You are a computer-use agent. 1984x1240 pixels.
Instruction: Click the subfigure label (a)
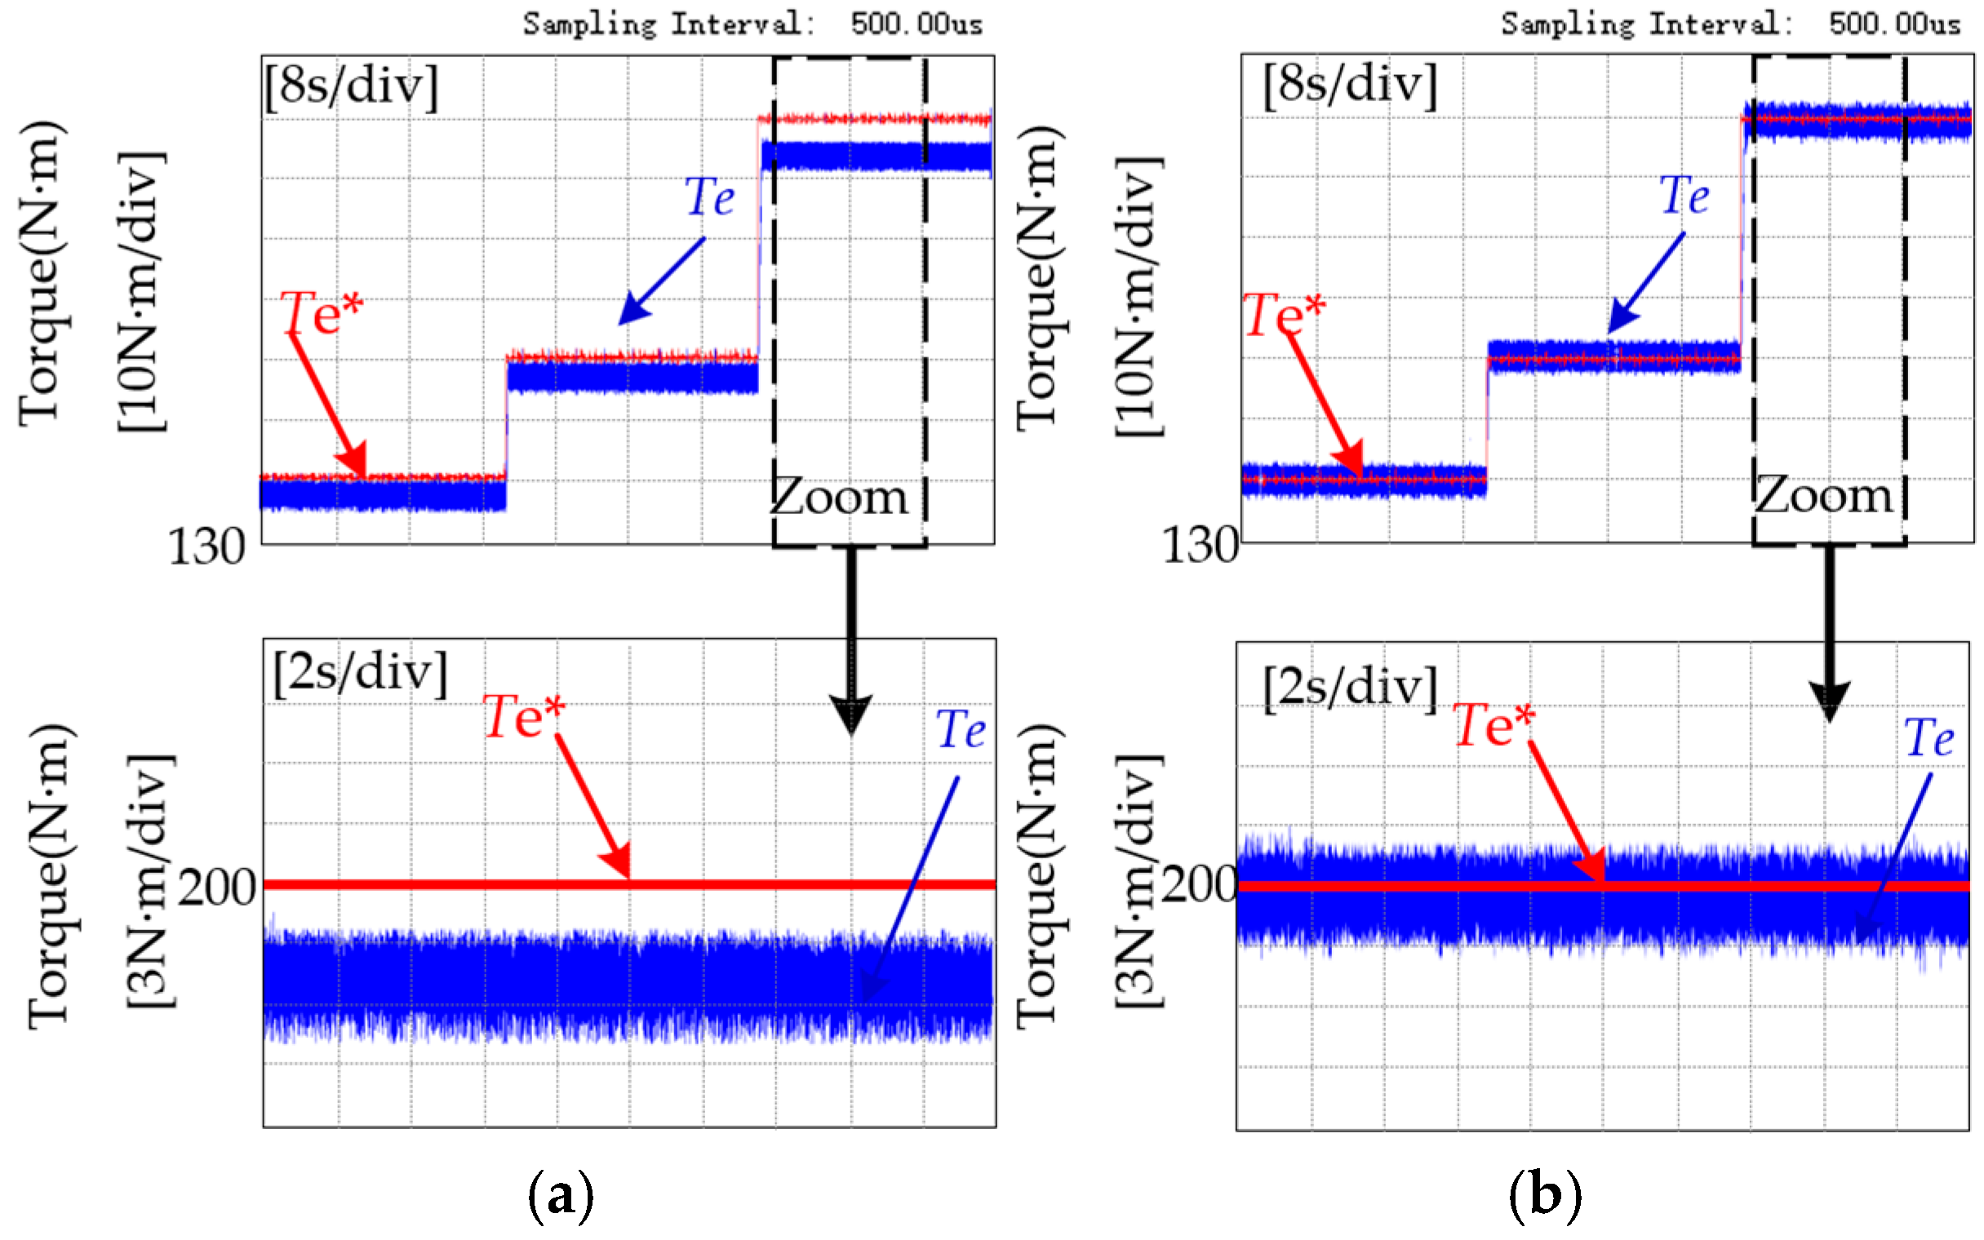tap(561, 1196)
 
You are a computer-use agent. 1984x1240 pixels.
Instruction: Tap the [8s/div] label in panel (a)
tap(352, 86)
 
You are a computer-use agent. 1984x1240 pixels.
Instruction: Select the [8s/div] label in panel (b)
tap(1349, 85)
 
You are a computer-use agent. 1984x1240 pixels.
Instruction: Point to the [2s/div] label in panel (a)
tap(361, 673)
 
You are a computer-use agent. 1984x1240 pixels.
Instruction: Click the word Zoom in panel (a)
tap(840, 498)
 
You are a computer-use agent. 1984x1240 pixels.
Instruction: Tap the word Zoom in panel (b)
tap(1823, 496)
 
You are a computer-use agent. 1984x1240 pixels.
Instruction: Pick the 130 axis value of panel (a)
tap(206, 547)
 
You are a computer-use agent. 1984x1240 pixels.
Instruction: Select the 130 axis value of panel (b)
tap(1200, 546)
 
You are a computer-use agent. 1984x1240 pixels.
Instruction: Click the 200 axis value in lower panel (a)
tap(217, 888)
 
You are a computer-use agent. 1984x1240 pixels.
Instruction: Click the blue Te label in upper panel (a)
tap(710, 197)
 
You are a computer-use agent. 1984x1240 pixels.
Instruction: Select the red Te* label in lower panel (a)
tap(524, 717)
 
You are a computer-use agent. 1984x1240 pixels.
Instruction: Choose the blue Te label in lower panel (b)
tap(1929, 738)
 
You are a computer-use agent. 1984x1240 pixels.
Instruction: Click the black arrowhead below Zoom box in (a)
tap(851, 715)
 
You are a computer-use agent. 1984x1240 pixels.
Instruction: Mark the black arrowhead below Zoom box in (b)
tap(1829, 702)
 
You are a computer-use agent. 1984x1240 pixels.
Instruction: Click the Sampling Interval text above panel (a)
tap(669, 24)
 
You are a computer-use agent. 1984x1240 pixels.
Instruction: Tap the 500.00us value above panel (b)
tap(1893, 24)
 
